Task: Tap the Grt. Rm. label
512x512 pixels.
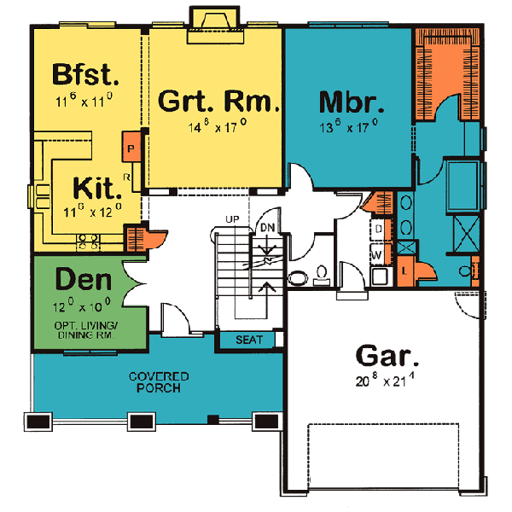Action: tap(220, 102)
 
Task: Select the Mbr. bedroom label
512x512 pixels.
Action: tap(352, 102)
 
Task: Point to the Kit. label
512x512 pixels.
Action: tap(95, 187)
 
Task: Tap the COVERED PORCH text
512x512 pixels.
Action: tap(160, 382)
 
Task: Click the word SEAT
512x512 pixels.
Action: tap(249, 340)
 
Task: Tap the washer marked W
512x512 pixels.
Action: tap(376, 253)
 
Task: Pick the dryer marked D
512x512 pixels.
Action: tap(376, 230)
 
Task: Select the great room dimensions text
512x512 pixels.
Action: tap(220, 127)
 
